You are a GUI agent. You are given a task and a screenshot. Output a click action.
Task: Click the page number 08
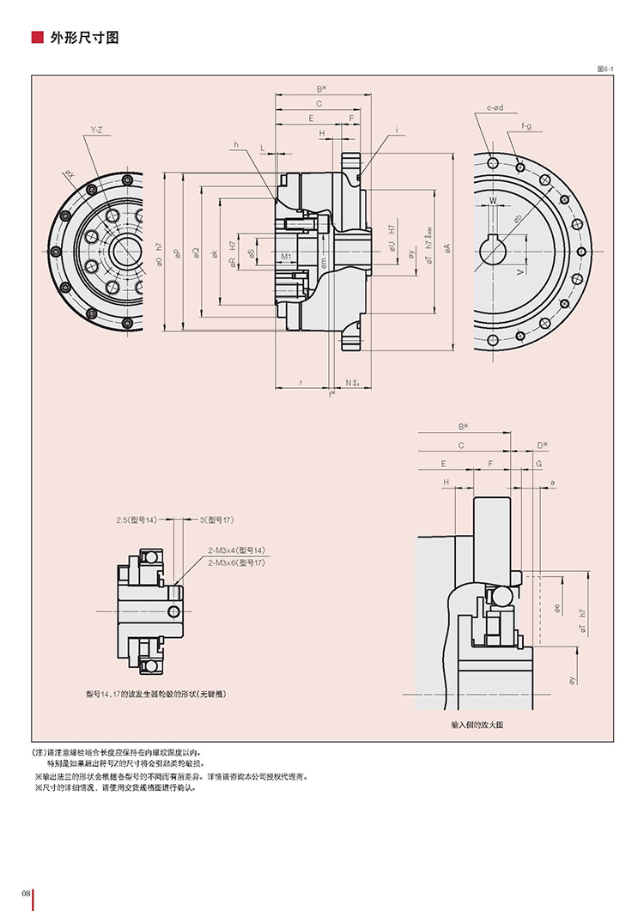point(27,895)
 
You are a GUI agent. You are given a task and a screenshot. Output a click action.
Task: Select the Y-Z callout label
point(96,131)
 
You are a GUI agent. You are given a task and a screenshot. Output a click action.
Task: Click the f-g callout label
point(526,127)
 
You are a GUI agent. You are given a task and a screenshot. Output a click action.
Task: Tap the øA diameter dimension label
point(447,248)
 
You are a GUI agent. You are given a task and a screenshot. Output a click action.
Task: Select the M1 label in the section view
point(286,256)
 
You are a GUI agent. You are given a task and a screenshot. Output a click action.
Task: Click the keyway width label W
point(493,201)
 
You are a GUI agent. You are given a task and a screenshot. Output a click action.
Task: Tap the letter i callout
point(398,130)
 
